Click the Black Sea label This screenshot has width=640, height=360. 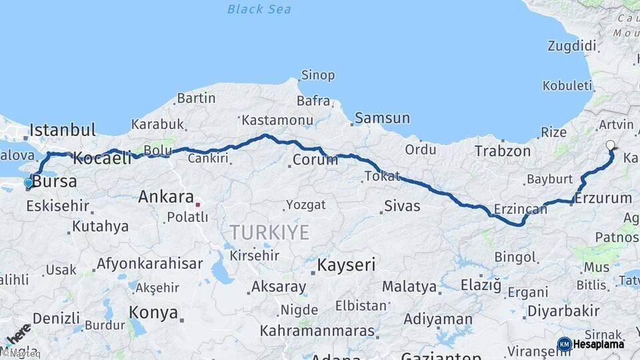259,9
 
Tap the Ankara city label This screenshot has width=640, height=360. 164,197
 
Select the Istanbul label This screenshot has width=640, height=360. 63,129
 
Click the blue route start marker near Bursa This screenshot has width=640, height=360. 28,183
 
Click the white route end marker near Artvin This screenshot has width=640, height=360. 610,145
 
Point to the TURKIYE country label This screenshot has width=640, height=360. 269,232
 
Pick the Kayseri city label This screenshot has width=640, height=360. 346,265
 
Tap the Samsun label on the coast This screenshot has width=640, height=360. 382,118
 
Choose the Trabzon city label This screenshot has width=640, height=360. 502,151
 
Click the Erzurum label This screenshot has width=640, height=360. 603,199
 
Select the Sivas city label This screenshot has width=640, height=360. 402,205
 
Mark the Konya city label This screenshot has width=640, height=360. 153,313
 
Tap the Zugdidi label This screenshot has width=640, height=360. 571,46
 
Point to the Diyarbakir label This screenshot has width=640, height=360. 563,311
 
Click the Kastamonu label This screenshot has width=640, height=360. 277,121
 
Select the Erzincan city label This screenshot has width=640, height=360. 520,209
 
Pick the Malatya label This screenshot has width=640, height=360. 409,287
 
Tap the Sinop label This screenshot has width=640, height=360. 317,75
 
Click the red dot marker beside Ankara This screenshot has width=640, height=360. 198,197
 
